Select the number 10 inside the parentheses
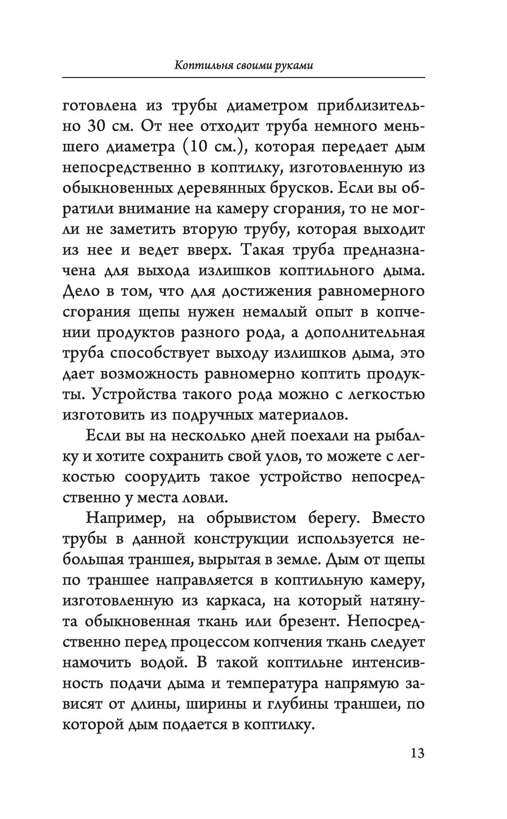click(x=191, y=147)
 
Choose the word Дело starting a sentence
click(x=79, y=292)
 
